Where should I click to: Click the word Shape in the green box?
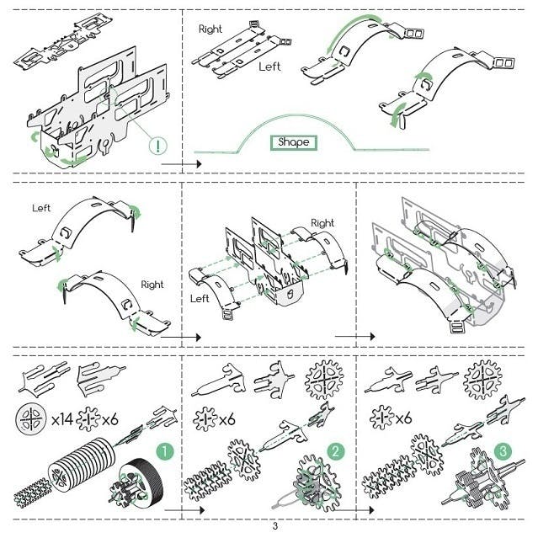pos(293,142)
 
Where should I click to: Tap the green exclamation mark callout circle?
pos(157,146)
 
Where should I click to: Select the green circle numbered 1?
pos(165,451)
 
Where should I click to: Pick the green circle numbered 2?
pos(335,451)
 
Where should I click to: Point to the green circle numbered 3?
pos(503,451)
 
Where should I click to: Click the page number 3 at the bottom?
pos(274,526)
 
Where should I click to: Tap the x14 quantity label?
pos(62,419)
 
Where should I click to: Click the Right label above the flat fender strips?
pos(210,29)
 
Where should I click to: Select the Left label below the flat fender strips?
pos(269,67)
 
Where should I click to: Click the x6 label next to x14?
pos(109,419)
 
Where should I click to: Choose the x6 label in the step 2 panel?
pos(227,419)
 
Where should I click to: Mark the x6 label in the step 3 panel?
pos(403,418)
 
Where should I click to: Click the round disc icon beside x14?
pos(31,418)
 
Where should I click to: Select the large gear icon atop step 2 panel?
pos(324,380)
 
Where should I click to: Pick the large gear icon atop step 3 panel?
pos(482,380)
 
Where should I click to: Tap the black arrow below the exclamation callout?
pos(181,164)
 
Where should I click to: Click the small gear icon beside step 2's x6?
pos(205,419)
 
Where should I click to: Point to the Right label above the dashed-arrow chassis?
pos(322,223)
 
